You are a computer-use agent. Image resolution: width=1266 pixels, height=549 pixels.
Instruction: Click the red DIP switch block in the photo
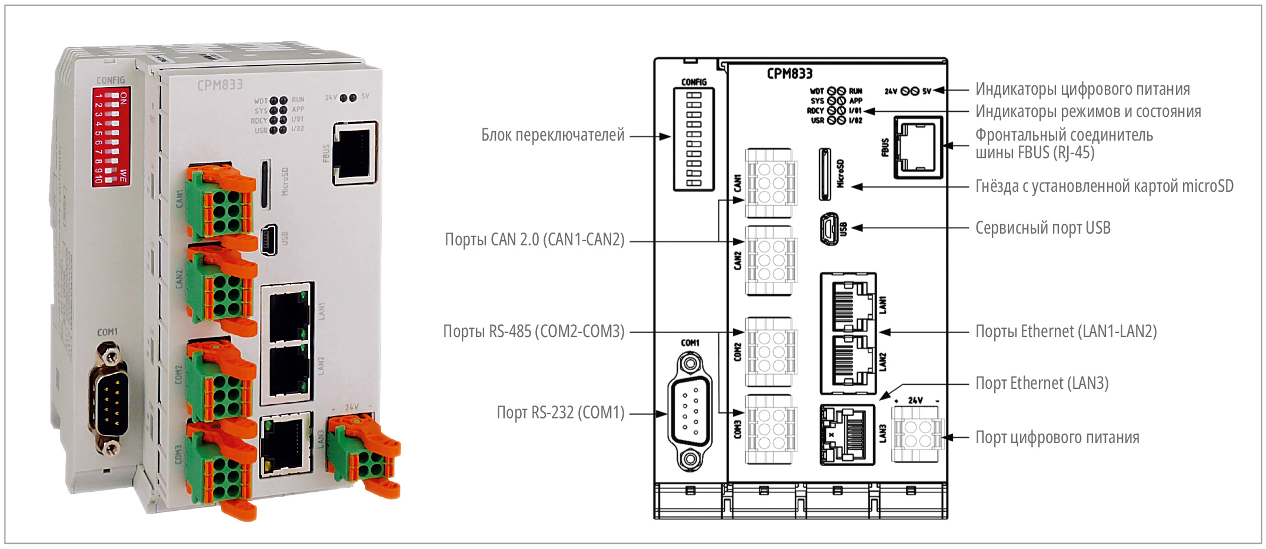pyautogui.click(x=111, y=137)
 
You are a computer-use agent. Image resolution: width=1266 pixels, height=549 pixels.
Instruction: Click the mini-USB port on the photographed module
pyautogui.click(x=269, y=239)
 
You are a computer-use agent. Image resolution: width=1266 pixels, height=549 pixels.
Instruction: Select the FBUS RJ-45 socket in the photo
pyautogui.click(x=355, y=152)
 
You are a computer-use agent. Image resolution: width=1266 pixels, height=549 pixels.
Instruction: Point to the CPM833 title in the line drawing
pyautogui.click(x=789, y=74)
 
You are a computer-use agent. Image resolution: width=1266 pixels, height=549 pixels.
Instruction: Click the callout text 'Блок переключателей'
pyautogui.click(x=552, y=135)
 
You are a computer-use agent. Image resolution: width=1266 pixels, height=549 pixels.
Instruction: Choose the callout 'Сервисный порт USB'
pyautogui.click(x=1042, y=228)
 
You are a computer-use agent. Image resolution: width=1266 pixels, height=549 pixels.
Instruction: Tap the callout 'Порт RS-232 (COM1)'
pyautogui.click(x=560, y=412)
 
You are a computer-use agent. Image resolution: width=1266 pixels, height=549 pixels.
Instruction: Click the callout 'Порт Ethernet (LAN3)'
pyautogui.click(x=1041, y=383)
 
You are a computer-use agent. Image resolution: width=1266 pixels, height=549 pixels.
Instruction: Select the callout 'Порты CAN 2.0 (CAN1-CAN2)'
pyautogui.click(x=534, y=240)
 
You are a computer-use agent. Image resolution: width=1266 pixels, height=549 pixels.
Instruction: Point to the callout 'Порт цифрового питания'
pyautogui.click(x=1057, y=437)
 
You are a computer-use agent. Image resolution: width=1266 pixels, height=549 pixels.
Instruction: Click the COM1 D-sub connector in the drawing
pyautogui.click(x=690, y=411)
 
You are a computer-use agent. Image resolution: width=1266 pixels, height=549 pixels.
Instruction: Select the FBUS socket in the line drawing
pyautogui.click(x=918, y=147)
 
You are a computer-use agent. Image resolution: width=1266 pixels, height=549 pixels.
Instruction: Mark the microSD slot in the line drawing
pyautogui.click(x=825, y=174)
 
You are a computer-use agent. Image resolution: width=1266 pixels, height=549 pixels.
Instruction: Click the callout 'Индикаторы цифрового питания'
pyautogui.click(x=1082, y=89)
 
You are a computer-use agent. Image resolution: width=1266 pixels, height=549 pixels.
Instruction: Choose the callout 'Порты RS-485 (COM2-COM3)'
pyautogui.click(x=534, y=332)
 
